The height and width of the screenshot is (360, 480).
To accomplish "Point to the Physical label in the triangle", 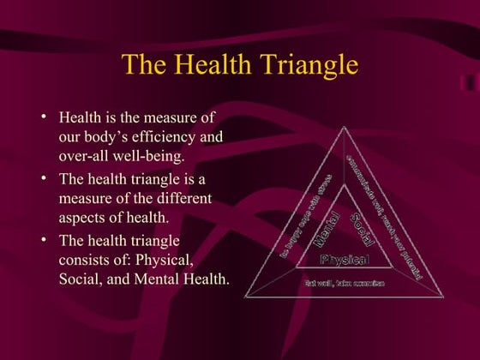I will (344, 259).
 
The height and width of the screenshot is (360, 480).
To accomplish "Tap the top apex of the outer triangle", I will (344, 126).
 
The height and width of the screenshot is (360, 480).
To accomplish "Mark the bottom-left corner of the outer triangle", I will (245, 297).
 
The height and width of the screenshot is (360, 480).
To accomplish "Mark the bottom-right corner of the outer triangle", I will (443, 297).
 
